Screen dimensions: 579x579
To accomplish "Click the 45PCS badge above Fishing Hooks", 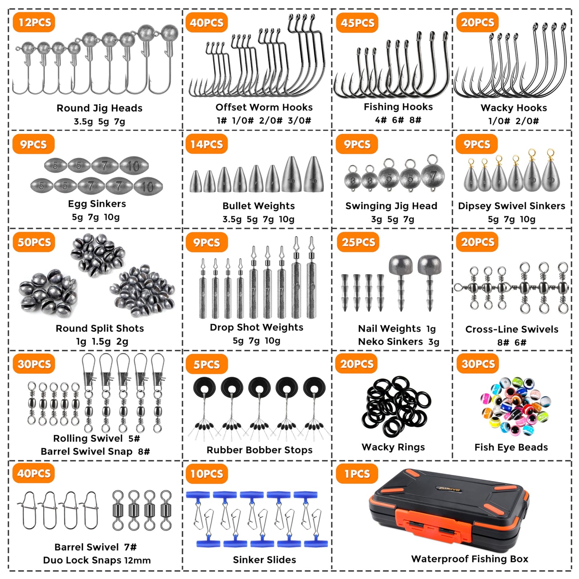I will coord(357,23).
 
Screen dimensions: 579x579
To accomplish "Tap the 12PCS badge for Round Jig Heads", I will coord(34,22).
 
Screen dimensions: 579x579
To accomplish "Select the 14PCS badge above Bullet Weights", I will coord(206,144).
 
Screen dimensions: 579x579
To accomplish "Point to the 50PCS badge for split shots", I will coord(34,242).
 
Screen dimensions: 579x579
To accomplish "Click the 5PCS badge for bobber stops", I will coord(206,365).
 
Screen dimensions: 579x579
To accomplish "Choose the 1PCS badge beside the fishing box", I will coord(357,474).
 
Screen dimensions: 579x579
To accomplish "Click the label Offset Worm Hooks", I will coord(264,107).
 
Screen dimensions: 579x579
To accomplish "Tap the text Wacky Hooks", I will coord(514,108).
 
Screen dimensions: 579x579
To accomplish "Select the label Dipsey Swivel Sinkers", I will coord(512,206).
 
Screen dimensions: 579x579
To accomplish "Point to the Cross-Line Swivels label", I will coord(512,329).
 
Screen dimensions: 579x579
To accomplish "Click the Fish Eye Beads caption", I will coord(511,447).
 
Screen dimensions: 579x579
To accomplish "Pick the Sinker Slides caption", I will coord(264,560).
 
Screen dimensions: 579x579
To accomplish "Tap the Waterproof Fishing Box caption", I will coord(470,559).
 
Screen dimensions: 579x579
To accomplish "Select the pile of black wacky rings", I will coord(396,406).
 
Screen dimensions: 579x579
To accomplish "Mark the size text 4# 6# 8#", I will coord(398,120).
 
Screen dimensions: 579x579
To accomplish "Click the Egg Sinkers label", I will coord(97,204).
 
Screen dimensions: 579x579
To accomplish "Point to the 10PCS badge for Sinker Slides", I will coord(206,474).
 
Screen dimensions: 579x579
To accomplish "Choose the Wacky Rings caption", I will coord(393,447).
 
